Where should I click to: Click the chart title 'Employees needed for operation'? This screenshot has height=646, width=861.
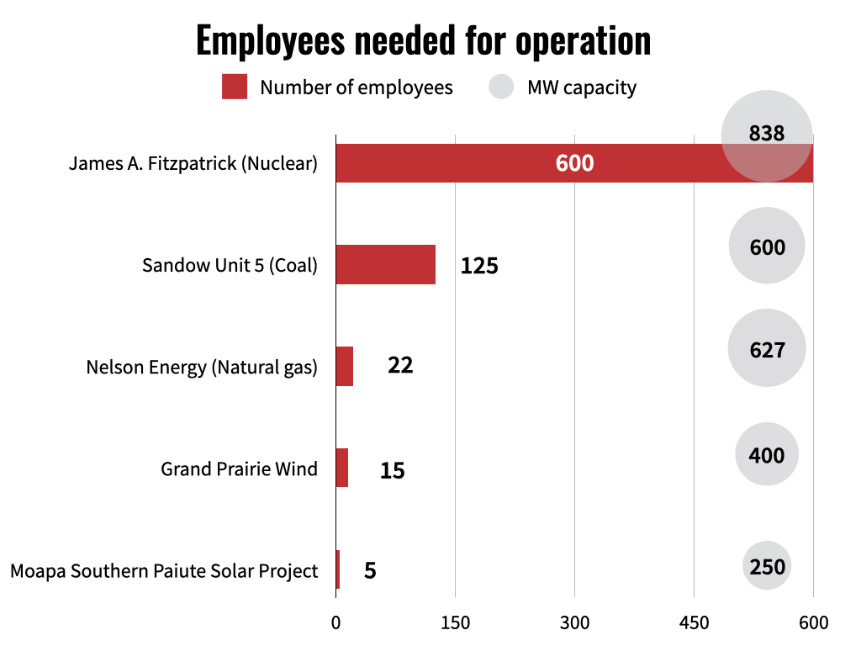pos(423,40)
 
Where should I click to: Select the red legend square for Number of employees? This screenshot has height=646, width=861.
pos(235,87)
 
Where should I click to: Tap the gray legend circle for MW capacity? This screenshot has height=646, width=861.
pos(501,87)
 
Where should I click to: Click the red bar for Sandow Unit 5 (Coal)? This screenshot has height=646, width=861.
pos(385,264)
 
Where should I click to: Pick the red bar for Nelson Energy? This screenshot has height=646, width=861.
pos(344,366)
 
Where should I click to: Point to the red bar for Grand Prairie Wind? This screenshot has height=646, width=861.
pos(341,468)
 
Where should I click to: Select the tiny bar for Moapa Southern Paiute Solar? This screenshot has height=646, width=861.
pos(338,569)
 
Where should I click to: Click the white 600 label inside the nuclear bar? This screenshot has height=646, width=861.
pos(574,163)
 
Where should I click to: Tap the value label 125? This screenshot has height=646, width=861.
pos(479,266)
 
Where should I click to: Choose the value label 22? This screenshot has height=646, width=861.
pos(400,366)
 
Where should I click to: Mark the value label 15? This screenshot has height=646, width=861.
pos(392,469)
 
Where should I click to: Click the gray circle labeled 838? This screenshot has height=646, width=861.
pos(766,135)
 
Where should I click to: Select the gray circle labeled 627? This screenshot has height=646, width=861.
pos(766,348)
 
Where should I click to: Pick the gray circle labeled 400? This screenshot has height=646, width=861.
pos(766,455)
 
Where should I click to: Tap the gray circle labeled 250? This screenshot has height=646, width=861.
pos(767,566)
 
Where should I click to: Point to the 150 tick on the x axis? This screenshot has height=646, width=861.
pos(455,623)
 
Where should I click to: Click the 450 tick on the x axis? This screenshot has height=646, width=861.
pos(694,623)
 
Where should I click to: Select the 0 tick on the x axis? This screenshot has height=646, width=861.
pos(335,623)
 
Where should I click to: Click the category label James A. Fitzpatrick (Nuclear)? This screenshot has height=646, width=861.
pos(193,163)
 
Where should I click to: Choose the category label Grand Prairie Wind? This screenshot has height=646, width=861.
pos(239,469)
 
